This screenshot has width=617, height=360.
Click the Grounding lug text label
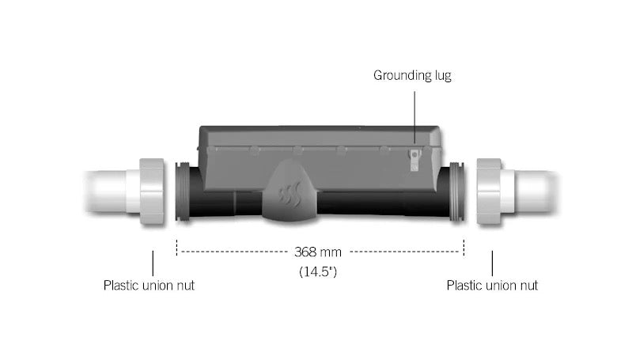pyautogui.click(x=412, y=75)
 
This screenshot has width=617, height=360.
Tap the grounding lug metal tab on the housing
pyautogui.click(x=414, y=160)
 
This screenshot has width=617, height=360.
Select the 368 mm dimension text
pyautogui.click(x=318, y=252)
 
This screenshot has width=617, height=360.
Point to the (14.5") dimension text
pyautogui.click(x=318, y=271)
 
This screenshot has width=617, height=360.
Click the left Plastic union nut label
pyautogui.click(x=149, y=286)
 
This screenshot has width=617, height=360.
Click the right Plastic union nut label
pyautogui.click(x=492, y=286)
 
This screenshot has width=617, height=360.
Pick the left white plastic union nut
pyautogui.click(x=152, y=191)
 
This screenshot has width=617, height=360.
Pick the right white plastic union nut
pyautogui.click(x=489, y=191)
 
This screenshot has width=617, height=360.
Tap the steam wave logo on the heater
pyautogui.click(x=290, y=194)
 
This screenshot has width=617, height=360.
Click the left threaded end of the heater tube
pyautogui.click(x=183, y=192)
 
